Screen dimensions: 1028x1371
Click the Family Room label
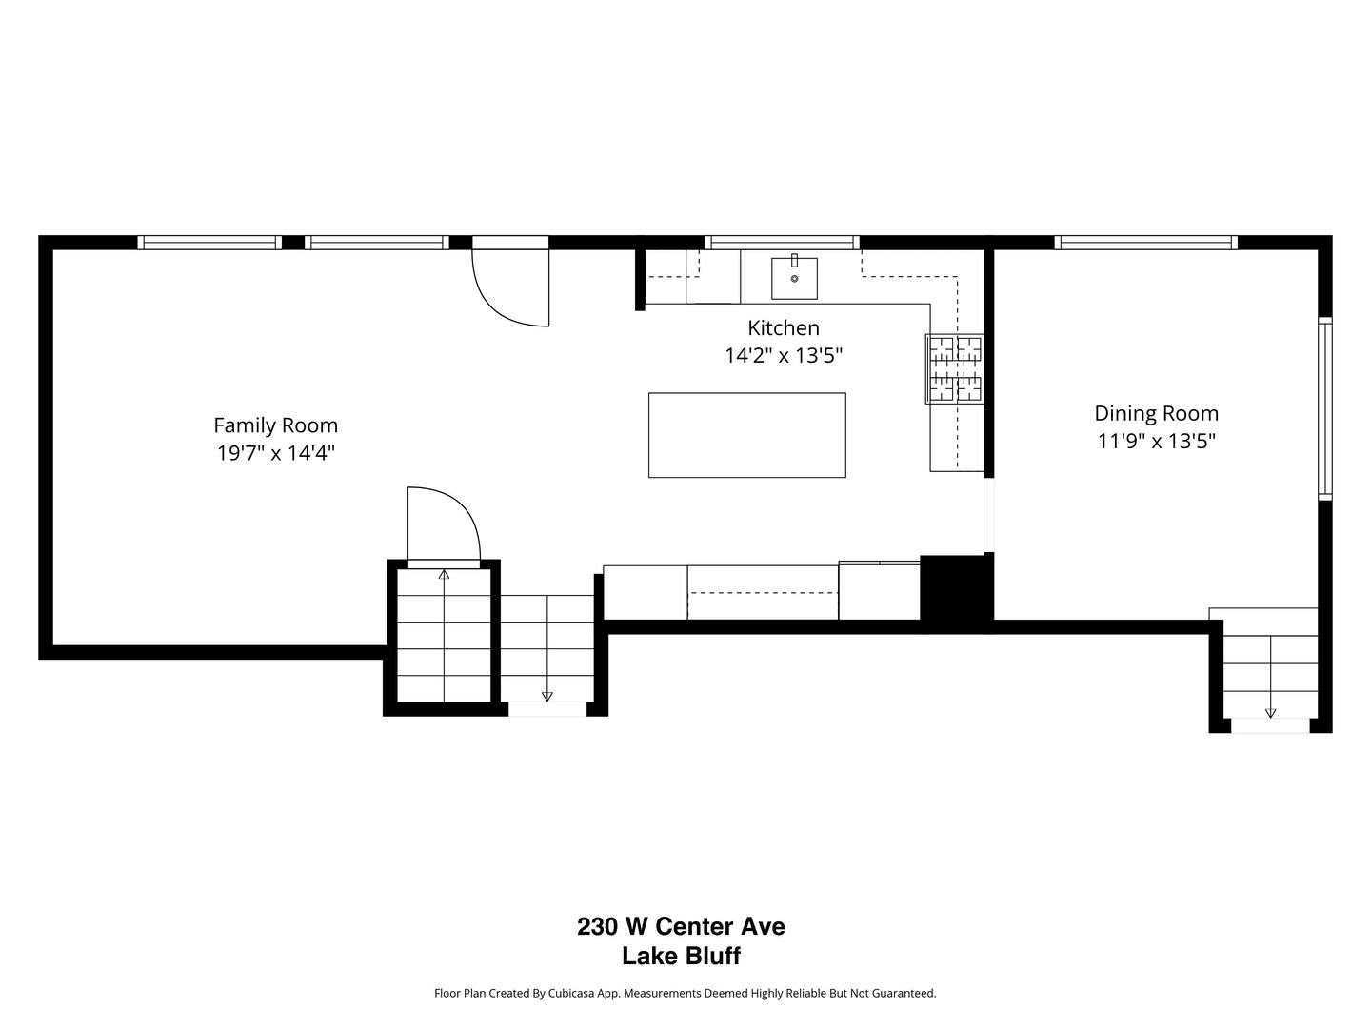(275, 425)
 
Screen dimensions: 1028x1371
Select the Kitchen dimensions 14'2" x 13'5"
(784, 356)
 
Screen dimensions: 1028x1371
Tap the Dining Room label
(1156, 413)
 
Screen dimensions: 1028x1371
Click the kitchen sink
(793, 277)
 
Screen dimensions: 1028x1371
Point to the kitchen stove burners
(955, 369)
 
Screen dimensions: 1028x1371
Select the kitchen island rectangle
(746, 435)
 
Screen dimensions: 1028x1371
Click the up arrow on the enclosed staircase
(444, 574)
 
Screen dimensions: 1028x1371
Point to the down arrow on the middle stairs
(546, 696)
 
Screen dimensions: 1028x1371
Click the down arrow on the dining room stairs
(1270, 712)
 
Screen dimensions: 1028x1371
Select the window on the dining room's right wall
(1324, 407)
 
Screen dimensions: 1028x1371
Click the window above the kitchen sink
(782, 243)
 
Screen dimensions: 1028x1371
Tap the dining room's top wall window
(1145, 243)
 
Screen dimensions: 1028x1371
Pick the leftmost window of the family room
(209, 243)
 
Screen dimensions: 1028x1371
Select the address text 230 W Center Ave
(681, 926)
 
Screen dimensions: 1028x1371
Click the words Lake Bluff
(681, 957)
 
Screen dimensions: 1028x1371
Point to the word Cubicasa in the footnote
(570, 994)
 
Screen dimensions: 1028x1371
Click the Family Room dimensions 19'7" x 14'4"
(275, 453)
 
